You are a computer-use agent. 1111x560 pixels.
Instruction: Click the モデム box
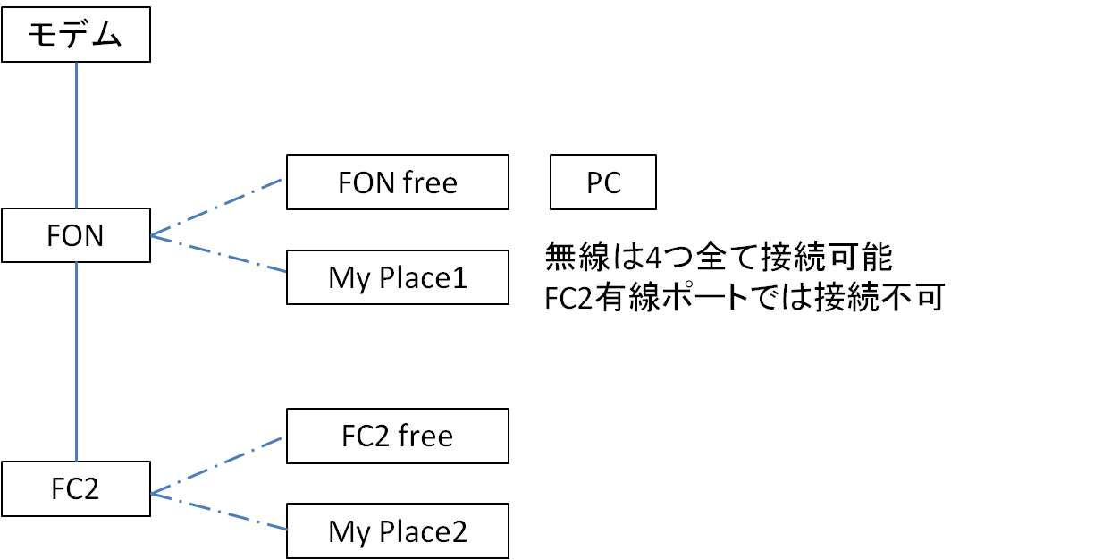[75, 36]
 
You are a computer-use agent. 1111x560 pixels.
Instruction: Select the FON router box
[75, 236]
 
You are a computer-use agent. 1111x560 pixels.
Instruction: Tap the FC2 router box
[75, 489]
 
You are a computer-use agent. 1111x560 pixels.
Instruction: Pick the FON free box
[398, 182]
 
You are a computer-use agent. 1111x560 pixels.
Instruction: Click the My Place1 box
[398, 278]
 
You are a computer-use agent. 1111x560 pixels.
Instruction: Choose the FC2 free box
[398, 437]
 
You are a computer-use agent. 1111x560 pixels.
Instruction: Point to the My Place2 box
[398, 532]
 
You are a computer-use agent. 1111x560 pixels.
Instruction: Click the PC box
[604, 182]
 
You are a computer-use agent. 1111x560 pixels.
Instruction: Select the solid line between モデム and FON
[77, 134]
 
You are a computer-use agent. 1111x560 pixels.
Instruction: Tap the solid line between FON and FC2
[78, 362]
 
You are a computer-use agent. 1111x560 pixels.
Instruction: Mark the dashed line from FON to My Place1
[219, 256]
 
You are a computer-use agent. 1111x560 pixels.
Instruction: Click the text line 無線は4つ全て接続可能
[719, 259]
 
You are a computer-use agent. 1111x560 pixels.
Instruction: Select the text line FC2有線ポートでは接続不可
[744, 299]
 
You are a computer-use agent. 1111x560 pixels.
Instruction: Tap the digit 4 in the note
[654, 259]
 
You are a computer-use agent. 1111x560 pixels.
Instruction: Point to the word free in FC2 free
[425, 437]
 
